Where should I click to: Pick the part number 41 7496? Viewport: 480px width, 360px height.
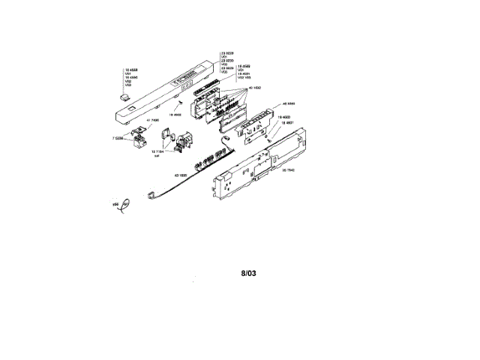coord(144,119)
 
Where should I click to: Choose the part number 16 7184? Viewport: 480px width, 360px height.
coord(157,151)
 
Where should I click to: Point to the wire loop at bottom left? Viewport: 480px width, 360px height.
coord(124,204)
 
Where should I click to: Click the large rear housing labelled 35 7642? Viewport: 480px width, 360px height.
coord(259,168)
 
